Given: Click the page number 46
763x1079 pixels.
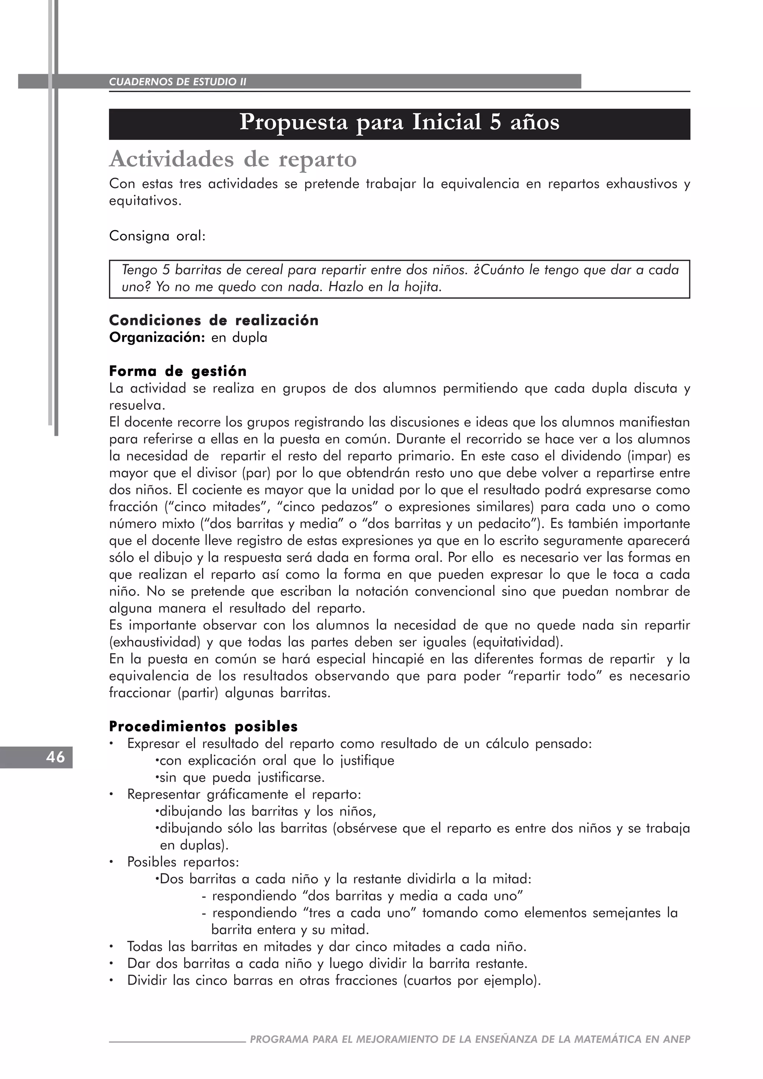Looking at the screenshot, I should tap(56, 757).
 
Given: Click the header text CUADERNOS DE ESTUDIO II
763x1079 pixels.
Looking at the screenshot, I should tap(178, 82).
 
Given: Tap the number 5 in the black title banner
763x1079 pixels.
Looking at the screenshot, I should tap(495, 123).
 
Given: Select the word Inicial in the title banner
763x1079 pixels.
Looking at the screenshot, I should tap(446, 123).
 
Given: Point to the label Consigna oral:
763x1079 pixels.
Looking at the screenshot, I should tap(157, 236).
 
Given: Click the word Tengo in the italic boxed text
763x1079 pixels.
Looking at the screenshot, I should tap(140, 270).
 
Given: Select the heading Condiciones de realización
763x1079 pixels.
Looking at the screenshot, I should tap(214, 321).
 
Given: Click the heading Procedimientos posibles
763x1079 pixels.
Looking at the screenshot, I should tap(203, 727).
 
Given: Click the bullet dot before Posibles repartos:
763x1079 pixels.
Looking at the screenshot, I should tap(111, 863).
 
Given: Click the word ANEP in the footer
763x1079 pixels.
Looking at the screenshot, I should tap(677, 1039).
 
